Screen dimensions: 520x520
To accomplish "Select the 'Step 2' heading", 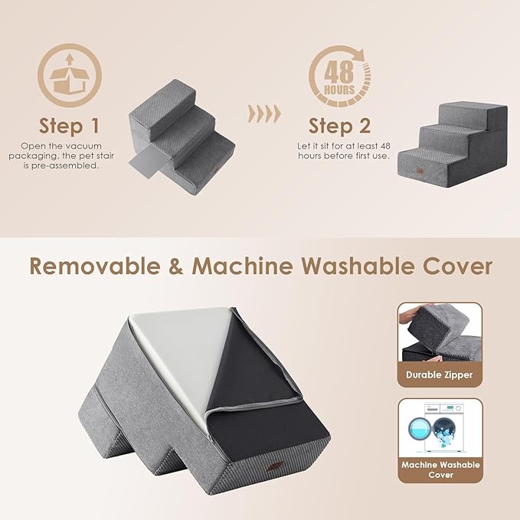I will pyautogui.click(x=341, y=125).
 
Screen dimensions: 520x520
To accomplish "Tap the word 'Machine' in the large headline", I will pyautogui.click(x=241, y=266).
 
